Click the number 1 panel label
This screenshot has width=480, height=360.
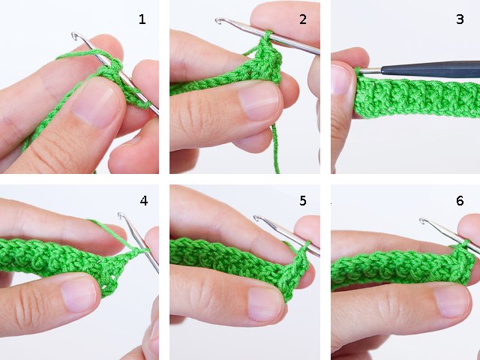click(142, 19)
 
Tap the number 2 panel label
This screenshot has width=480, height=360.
click(303, 19)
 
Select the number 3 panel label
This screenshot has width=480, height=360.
click(460, 19)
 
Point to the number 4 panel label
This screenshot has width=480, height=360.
click(143, 201)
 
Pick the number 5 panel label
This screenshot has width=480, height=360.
click(303, 201)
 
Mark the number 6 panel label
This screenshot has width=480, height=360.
click(460, 201)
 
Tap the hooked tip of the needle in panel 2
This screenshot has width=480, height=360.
click(220, 22)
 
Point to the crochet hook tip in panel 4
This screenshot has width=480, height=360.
click(121, 217)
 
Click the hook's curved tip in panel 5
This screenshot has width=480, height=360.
click(257, 218)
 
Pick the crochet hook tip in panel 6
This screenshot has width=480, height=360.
click(423, 221)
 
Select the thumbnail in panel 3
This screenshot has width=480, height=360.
click(340, 80)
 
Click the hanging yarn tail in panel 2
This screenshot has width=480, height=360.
click(275, 150)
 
